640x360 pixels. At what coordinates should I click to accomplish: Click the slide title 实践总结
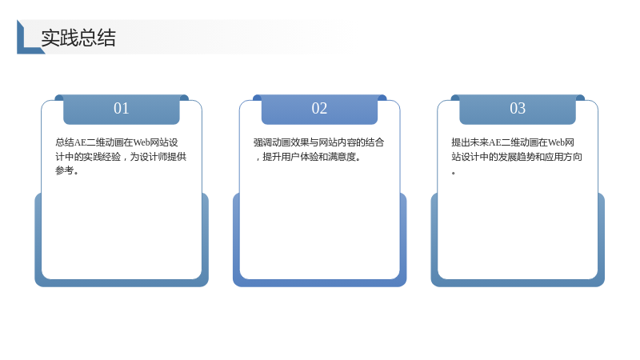pos(78,38)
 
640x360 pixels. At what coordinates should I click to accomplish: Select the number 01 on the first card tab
pos(122,108)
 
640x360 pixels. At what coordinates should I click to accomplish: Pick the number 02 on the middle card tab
pos(319,108)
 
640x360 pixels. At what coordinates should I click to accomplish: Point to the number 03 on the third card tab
pos(518,108)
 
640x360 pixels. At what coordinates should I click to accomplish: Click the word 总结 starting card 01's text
pos(65,142)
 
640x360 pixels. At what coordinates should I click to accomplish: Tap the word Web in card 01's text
pos(142,142)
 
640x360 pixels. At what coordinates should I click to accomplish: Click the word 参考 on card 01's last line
pos(65,170)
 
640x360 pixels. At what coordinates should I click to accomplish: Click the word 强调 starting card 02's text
pos(262,142)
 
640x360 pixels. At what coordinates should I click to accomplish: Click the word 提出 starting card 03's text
pos(461,142)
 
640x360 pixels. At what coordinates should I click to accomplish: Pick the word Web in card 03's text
pos(556,142)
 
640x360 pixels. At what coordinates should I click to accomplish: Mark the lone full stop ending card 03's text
pos(454,173)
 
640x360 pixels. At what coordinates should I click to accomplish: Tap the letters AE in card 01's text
pos(80,142)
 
